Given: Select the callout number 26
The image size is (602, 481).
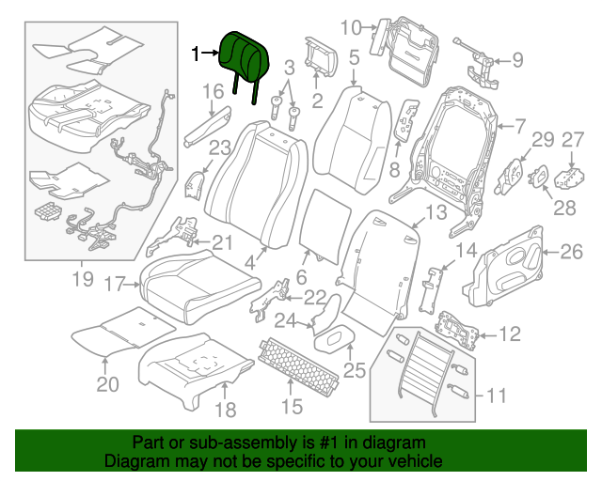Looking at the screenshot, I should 571,251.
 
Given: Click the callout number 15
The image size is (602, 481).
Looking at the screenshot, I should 292,406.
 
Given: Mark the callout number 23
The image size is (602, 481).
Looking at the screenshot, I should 219,147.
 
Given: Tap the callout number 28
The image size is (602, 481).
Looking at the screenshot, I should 563,209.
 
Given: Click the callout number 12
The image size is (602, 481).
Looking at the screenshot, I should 509,334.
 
